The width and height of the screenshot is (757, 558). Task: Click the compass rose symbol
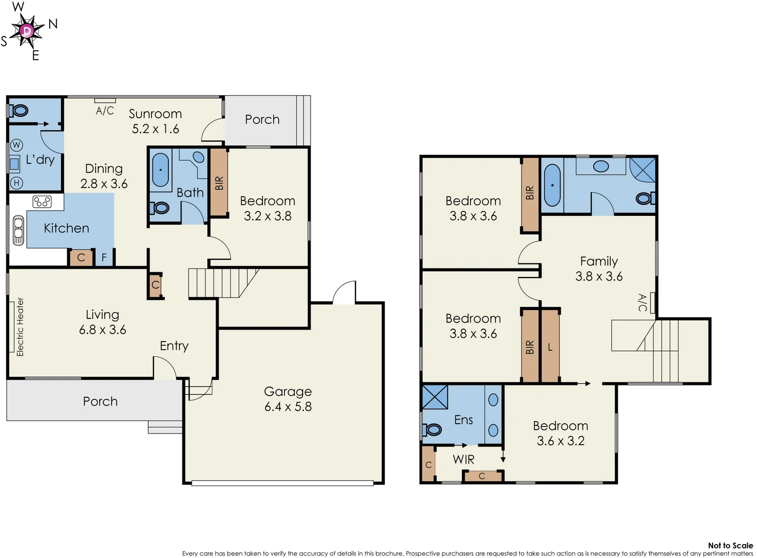27,32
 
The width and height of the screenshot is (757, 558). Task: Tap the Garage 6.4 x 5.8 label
288,399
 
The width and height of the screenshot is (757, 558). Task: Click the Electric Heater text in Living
20,327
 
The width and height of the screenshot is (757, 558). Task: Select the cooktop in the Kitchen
42,202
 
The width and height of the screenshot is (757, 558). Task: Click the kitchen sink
19,230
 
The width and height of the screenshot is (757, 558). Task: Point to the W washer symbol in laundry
17,145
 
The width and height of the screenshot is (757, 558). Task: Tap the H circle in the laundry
17,182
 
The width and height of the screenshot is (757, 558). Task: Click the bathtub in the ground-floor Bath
161,169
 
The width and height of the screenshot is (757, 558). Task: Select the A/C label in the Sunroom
105,111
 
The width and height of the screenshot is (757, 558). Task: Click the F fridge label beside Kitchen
104,257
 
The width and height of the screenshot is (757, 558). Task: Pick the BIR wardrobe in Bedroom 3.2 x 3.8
219,183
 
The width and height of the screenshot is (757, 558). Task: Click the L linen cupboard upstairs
550,347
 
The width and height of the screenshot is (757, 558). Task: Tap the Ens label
464,420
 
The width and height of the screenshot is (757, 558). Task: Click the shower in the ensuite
435,397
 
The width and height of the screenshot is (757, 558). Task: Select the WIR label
464,459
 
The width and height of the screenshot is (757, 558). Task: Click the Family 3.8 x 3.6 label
599,269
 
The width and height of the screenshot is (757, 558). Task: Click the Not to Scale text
730,545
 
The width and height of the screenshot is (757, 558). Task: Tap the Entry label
174,346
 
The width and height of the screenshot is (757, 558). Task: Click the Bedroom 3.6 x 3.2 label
561,433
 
